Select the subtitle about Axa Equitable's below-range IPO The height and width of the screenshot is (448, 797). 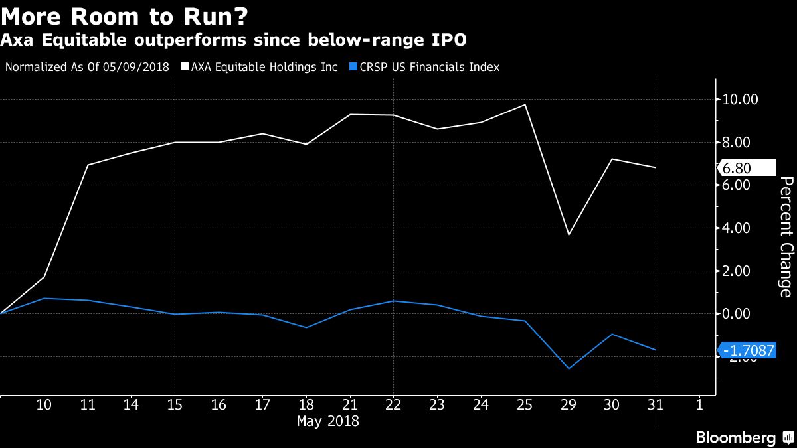pos(233,41)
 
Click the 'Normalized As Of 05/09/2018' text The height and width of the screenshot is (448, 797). pos(87,67)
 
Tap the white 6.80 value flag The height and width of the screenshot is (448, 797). pos(747,168)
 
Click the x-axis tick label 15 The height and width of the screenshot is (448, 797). pos(174,404)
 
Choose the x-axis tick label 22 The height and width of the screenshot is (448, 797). pos(392,404)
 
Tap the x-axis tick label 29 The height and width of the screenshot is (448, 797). pos(569,404)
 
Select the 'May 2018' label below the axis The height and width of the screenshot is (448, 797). pos(327,421)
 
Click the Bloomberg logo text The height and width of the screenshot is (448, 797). pos(735,437)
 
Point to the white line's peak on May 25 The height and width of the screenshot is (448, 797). pos(525,104)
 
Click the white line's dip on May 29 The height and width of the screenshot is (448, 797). pos(569,234)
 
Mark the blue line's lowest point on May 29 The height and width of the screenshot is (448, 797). pos(569,368)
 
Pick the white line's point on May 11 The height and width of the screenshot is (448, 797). pos(88,165)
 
